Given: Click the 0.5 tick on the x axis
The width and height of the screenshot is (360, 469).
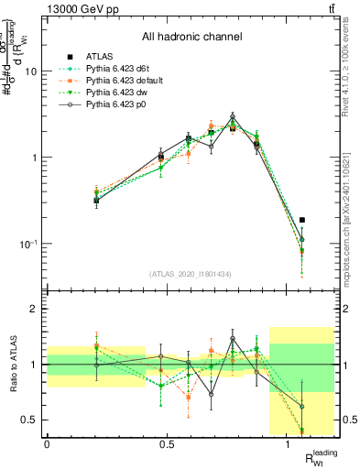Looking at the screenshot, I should [x=167, y=444].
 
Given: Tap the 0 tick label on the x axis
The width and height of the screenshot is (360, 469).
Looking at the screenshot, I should [x=47, y=444].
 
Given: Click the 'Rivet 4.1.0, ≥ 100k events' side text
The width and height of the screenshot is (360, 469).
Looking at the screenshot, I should [x=350, y=73].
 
